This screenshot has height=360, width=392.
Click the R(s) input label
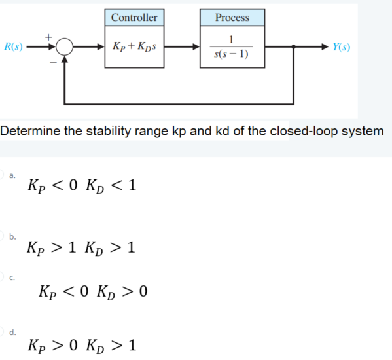pos(13,46)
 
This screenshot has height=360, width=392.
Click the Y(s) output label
pos(341,46)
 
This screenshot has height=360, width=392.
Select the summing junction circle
pos(64,46)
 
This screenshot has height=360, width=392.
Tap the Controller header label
pos(134,17)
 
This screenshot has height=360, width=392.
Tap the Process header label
pos(232,18)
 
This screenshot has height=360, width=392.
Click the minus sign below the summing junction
pos(50,63)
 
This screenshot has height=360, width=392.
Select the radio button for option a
pos(3,175)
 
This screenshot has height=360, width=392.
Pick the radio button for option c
pos(3,278)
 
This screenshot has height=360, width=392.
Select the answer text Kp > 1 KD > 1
pos(82,248)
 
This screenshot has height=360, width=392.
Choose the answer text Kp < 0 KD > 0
pos(95,290)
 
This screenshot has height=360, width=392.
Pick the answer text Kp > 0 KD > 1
pos(82,344)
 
